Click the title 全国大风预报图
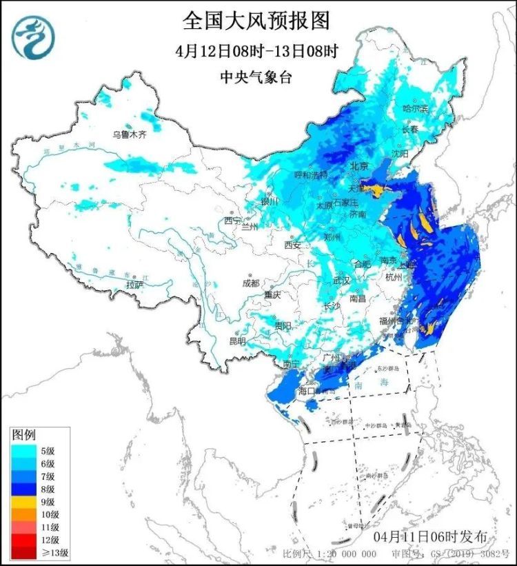point(256,20)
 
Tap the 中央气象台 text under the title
point(256,77)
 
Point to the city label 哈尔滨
point(415,109)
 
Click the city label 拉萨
point(134,284)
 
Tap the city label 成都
point(251,283)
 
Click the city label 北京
point(359,166)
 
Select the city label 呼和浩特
point(310,175)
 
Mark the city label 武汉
point(341,281)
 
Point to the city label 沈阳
point(401,154)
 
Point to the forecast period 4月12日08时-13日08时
point(256,51)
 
